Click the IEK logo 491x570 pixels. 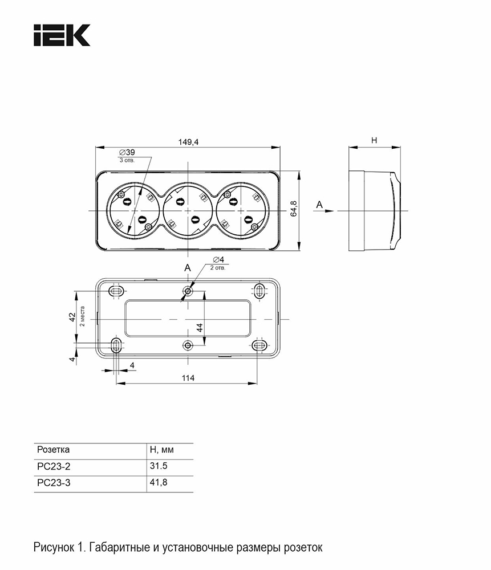[62, 35]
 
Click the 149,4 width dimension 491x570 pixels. [188, 142]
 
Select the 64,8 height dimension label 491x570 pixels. [294, 209]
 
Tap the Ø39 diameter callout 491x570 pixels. [127, 152]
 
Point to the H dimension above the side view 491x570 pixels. [374, 140]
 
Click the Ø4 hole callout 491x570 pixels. [218, 259]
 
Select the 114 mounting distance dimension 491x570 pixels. [188, 378]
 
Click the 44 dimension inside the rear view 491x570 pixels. [200, 328]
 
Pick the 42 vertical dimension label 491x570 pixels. [72, 317]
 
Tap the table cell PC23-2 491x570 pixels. [54, 466]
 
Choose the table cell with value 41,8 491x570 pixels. [159, 482]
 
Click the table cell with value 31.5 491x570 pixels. [159, 466]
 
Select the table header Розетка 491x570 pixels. [53, 450]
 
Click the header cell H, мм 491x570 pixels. [162, 450]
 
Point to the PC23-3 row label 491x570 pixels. [54, 483]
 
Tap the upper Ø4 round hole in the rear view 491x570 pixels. [188, 291]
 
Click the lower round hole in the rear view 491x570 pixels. [188, 345]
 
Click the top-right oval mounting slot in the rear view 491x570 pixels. [259, 291]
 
